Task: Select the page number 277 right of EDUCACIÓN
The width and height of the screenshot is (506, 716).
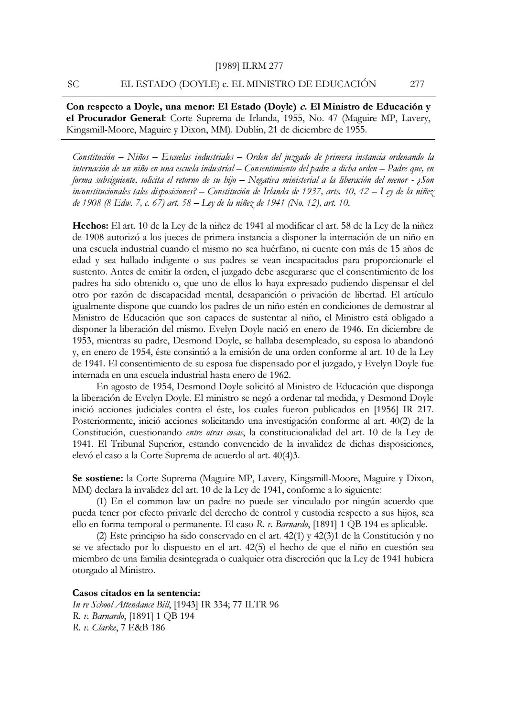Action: (x=417, y=84)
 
